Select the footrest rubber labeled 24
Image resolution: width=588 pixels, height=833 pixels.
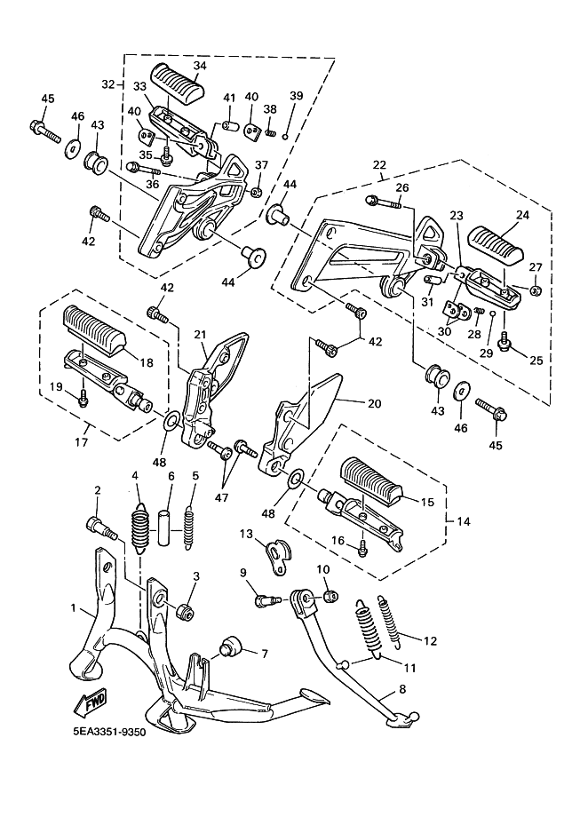click(502, 235)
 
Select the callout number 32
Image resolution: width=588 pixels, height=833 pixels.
click(108, 84)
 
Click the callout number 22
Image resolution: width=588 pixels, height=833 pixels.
click(379, 165)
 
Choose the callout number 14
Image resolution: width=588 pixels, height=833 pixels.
click(463, 522)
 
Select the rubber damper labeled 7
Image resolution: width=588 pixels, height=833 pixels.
click(231, 644)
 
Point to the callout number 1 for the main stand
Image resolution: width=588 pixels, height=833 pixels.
click(74, 609)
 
